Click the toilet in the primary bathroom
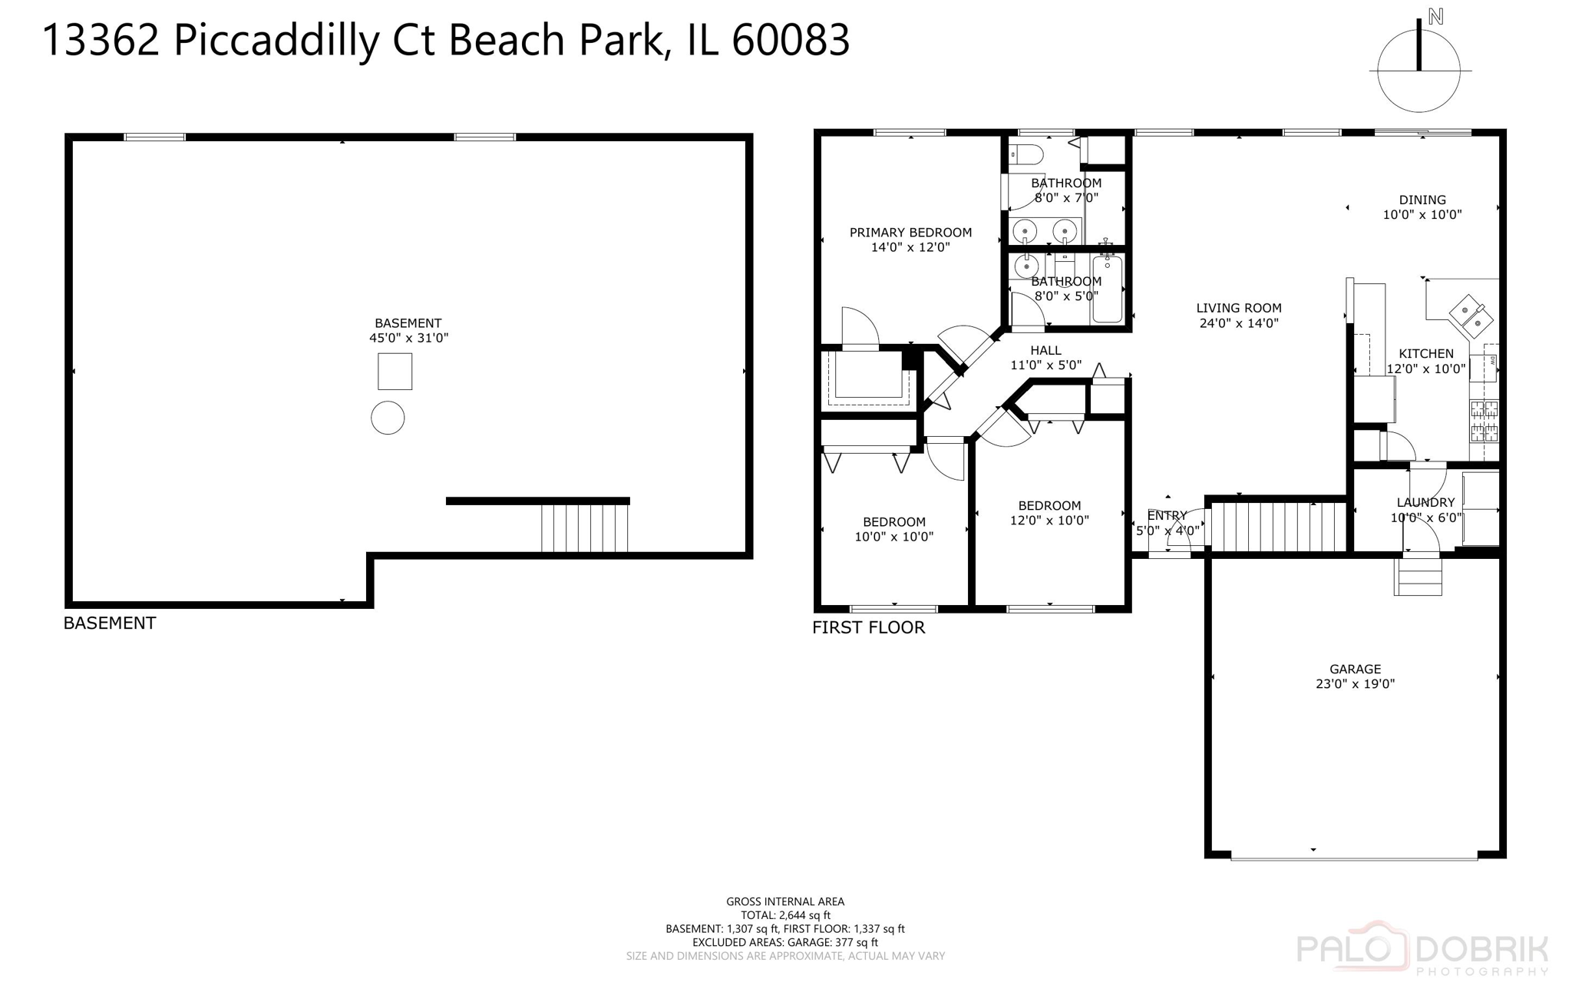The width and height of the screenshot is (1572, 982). point(1026,155)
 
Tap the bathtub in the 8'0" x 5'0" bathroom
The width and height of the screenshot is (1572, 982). point(1107,289)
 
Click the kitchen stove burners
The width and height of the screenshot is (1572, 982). point(1484,421)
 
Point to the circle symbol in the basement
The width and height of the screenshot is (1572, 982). point(388,418)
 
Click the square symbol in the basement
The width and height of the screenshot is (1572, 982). point(395,372)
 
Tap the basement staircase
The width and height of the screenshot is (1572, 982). point(584,527)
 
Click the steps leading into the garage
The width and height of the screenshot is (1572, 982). point(1418,577)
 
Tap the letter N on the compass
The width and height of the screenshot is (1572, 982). point(1435,17)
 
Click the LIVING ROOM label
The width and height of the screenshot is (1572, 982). point(1239,309)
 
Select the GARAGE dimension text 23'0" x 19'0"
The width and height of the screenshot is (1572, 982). point(1355,684)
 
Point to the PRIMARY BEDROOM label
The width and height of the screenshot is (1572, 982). point(910,233)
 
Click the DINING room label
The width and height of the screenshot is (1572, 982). point(1422,200)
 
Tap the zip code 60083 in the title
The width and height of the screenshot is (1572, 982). point(791,40)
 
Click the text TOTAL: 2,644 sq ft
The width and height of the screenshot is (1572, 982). point(785,915)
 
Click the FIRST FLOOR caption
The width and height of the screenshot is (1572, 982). point(868,627)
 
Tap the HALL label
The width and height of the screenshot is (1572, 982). point(1045,351)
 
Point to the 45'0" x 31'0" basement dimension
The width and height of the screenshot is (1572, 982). point(408,338)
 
